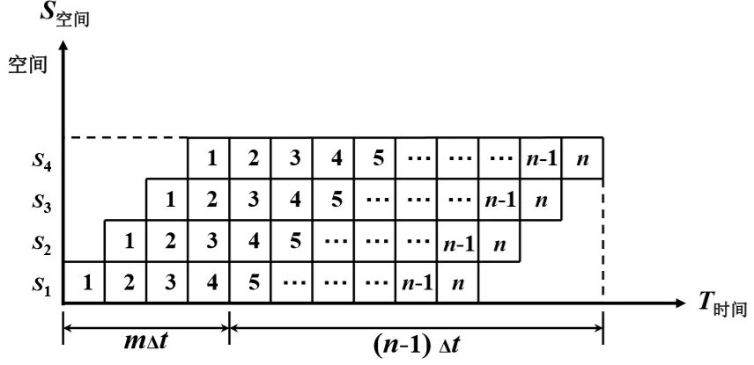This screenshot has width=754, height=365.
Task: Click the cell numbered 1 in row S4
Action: [x=209, y=158]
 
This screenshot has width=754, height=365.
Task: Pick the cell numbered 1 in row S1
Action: [x=85, y=283]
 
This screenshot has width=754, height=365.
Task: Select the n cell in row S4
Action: [x=582, y=158]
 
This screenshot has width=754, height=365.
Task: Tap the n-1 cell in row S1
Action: [x=417, y=283]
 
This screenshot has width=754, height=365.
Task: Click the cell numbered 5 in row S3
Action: [x=334, y=200]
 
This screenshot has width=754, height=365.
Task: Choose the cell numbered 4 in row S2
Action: [x=250, y=242]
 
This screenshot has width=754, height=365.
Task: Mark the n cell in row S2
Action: [x=499, y=242]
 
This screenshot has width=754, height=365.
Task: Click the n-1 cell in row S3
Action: [x=499, y=200]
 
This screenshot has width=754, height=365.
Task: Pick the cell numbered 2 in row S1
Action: [x=126, y=283]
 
